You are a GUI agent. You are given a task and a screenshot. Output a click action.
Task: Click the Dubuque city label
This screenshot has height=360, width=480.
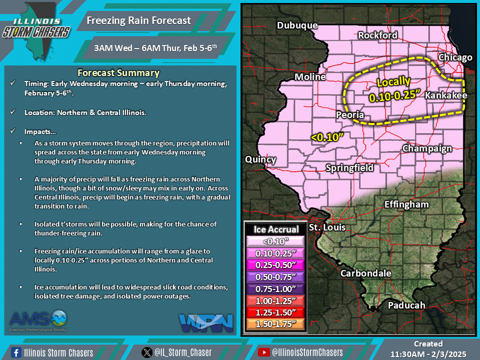pos(297,25)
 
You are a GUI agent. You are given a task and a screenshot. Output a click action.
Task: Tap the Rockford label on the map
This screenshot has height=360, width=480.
pos(377,35)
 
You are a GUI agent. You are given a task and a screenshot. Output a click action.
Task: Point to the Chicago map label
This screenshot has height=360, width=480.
pos(455,57)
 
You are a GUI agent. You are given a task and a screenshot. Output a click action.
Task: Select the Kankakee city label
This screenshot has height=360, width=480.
pos(446,95)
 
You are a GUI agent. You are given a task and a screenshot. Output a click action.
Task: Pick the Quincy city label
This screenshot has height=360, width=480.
pos(260,159)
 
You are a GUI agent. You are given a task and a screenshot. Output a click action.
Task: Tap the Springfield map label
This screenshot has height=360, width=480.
pos(349,168)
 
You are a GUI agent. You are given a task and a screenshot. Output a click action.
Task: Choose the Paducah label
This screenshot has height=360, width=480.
pos(406,305)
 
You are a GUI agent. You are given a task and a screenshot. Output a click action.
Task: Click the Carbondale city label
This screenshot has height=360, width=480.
pos(365,273)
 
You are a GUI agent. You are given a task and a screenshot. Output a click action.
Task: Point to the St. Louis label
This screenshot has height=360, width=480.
pos(327,227)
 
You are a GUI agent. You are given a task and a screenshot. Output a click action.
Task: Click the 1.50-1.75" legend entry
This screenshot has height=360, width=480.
pos(276,324)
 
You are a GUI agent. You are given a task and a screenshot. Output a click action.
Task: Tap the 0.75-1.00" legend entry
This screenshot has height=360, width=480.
pos(276,288)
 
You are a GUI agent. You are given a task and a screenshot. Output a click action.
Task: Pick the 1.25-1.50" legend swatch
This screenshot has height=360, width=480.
pos(276,312)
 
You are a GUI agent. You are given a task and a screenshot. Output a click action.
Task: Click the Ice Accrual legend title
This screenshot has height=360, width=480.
pos(276,229)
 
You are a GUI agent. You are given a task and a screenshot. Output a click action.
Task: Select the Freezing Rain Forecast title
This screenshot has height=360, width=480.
pos(138,20)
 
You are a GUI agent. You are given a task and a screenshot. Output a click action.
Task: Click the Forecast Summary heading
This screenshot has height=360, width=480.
pos(118,73)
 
